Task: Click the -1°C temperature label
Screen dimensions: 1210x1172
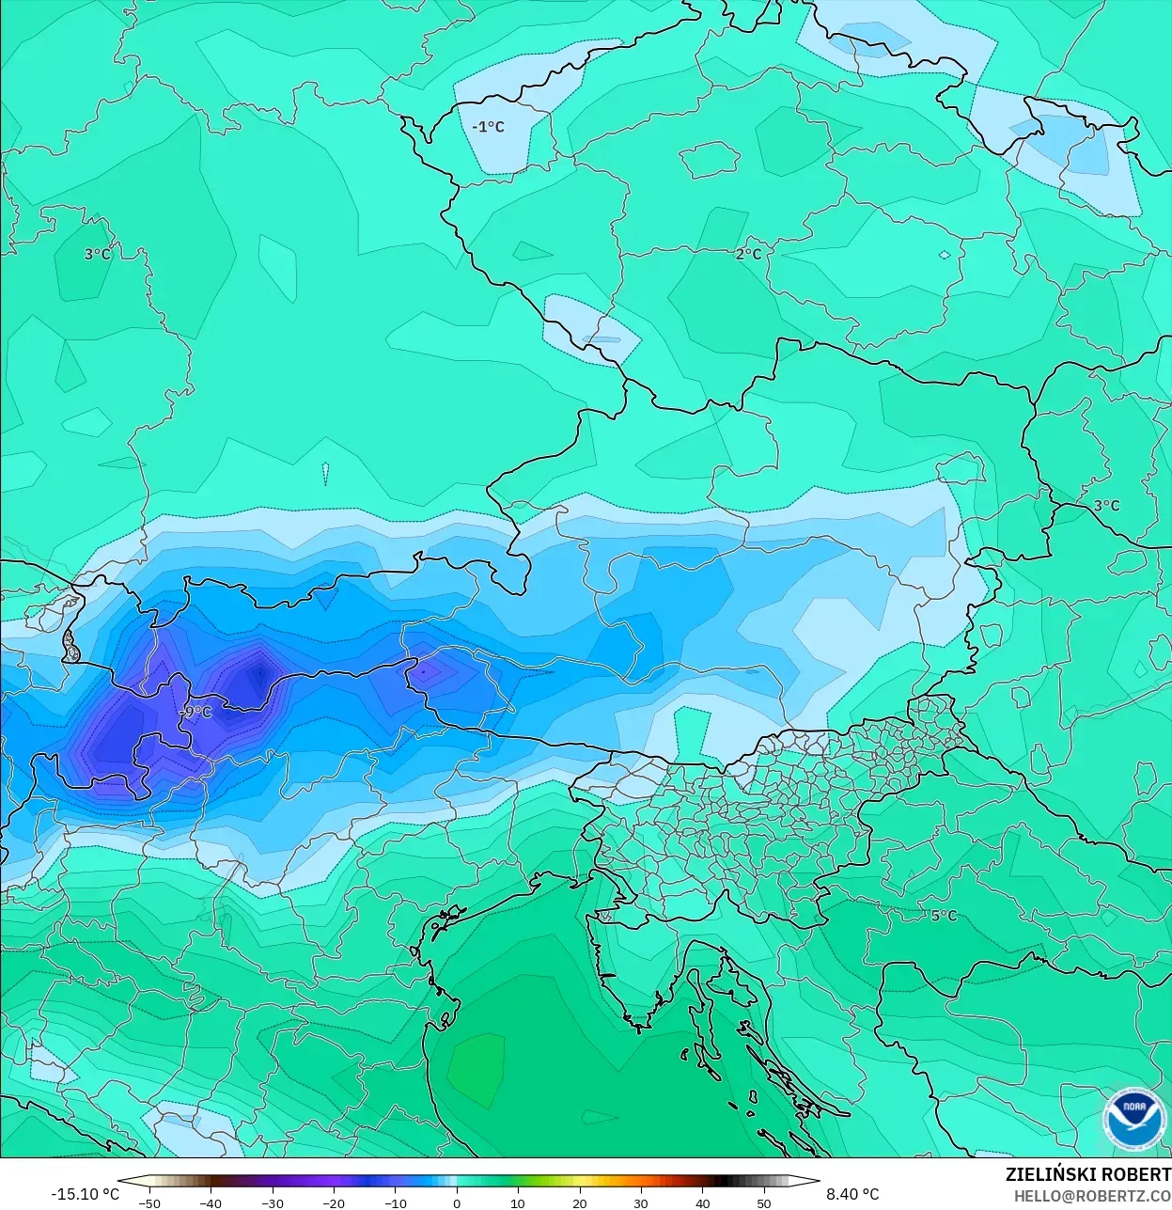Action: click(489, 127)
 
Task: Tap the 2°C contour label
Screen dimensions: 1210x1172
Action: click(749, 254)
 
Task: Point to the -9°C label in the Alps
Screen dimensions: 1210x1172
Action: click(196, 712)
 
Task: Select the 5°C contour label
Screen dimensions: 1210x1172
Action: click(944, 915)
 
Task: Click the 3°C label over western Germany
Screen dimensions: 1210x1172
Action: click(97, 254)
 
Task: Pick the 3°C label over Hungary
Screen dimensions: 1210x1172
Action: click(1106, 505)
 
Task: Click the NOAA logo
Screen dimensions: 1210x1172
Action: click(1134, 1118)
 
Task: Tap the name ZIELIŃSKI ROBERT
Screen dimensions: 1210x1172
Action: click(1087, 1174)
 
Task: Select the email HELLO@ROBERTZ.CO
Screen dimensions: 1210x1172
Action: click(1092, 1195)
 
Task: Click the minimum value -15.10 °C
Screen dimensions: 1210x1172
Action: click(85, 1194)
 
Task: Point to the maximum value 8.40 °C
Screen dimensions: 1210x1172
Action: click(852, 1194)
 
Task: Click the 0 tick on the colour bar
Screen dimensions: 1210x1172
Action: click(457, 1203)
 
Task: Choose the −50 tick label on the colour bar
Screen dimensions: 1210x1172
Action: click(148, 1203)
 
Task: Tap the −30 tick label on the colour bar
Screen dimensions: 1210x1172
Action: click(272, 1203)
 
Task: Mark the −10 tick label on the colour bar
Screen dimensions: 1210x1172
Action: click(395, 1203)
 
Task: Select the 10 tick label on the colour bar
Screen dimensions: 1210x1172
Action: click(518, 1203)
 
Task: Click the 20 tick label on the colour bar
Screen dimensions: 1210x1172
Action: click(580, 1203)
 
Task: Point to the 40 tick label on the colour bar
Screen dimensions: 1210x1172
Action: click(703, 1203)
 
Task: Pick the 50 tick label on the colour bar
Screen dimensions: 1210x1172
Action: click(764, 1203)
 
